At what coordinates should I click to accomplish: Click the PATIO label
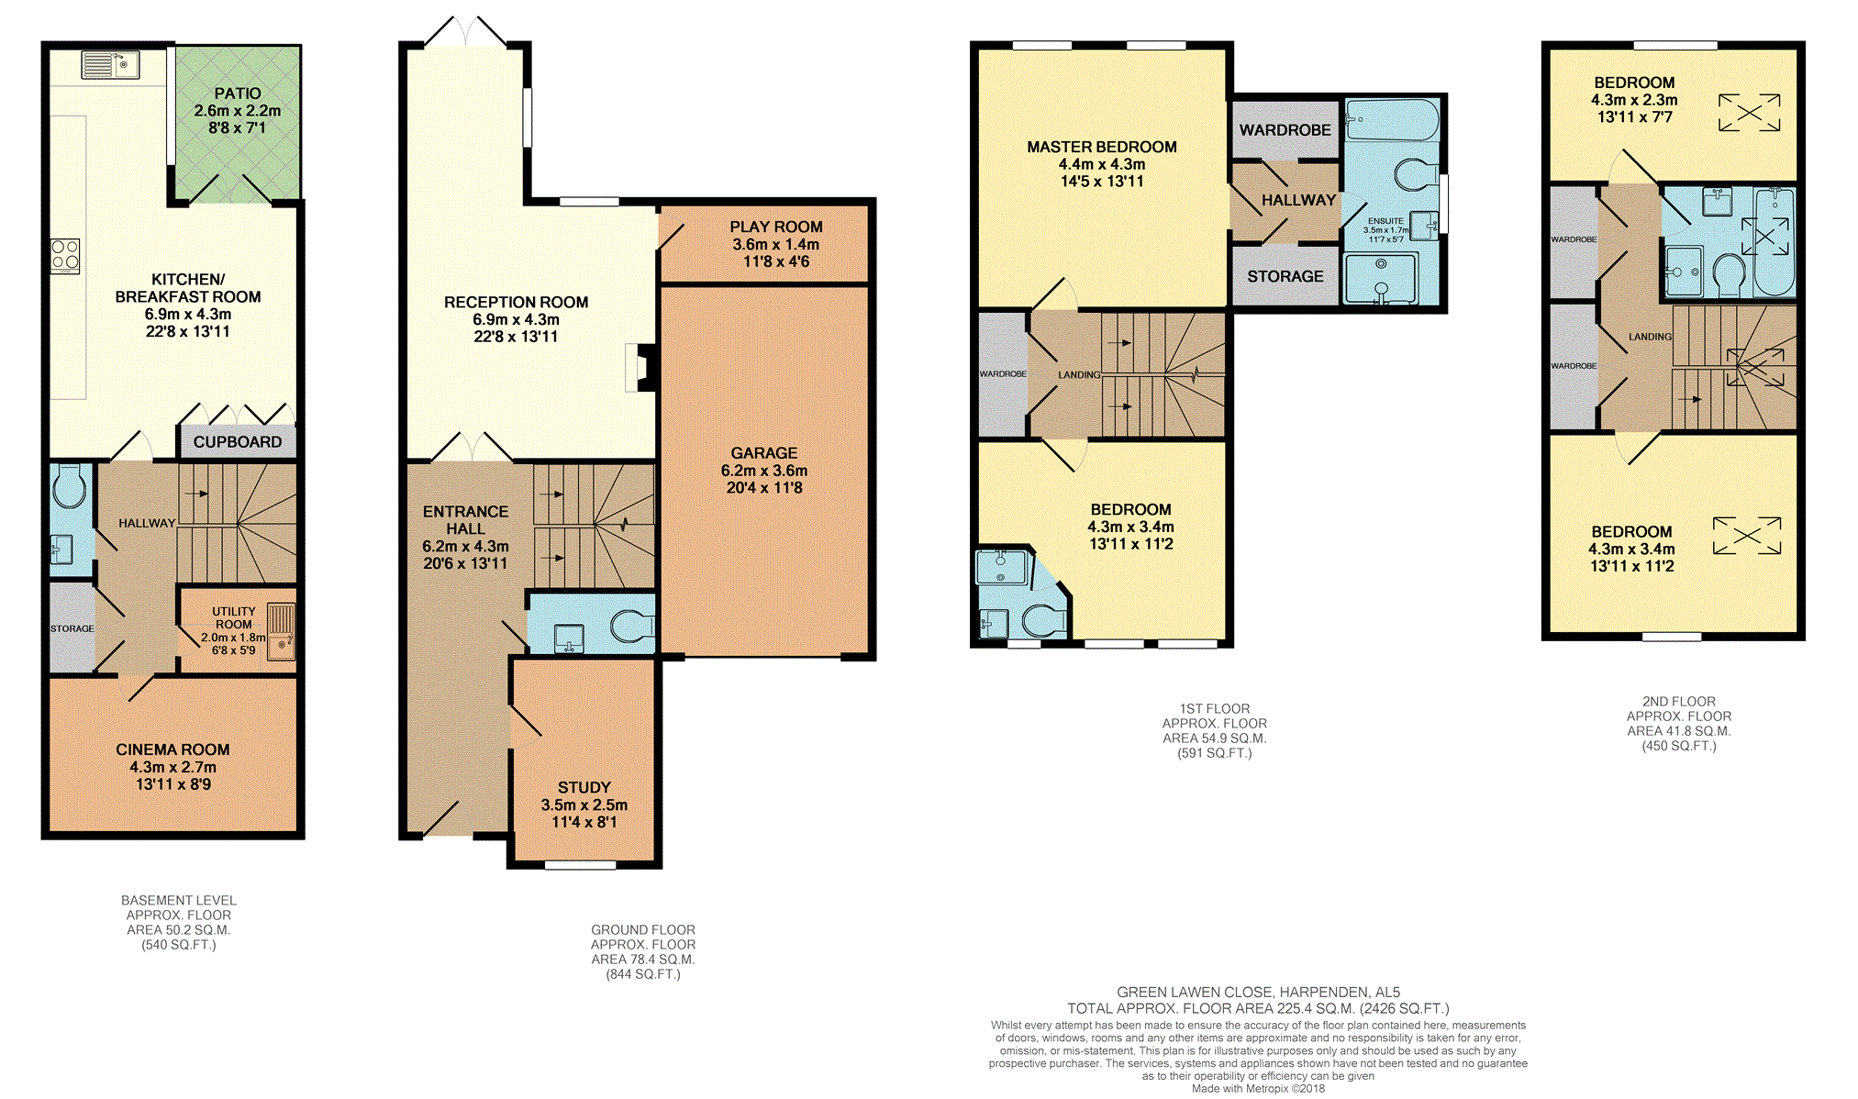click(238, 94)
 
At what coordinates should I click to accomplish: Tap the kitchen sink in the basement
click(109, 65)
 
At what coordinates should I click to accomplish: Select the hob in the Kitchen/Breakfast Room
click(65, 256)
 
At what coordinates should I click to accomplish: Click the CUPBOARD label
click(238, 442)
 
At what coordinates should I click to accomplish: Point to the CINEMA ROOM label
click(172, 749)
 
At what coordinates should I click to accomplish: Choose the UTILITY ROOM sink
click(282, 631)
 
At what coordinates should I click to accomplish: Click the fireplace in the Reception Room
click(640, 367)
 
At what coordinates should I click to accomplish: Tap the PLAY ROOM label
click(776, 227)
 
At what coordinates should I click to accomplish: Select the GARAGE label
click(764, 453)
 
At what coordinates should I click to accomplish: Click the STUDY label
click(584, 787)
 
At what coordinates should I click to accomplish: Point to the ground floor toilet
click(631, 626)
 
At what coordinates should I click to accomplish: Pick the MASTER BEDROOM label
click(1102, 147)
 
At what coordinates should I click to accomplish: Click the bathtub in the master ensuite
click(1392, 120)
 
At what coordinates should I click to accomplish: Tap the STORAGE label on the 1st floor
click(1285, 276)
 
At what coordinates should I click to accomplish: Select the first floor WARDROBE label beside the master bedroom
click(1285, 130)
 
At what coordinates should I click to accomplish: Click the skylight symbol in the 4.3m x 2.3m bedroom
click(1750, 113)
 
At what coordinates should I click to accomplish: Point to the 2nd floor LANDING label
click(1651, 337)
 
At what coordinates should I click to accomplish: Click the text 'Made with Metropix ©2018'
click(1258, 1089)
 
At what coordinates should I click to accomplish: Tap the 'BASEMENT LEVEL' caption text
click(179, 901)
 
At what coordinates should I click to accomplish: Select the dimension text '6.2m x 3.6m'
click(764, 471)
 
